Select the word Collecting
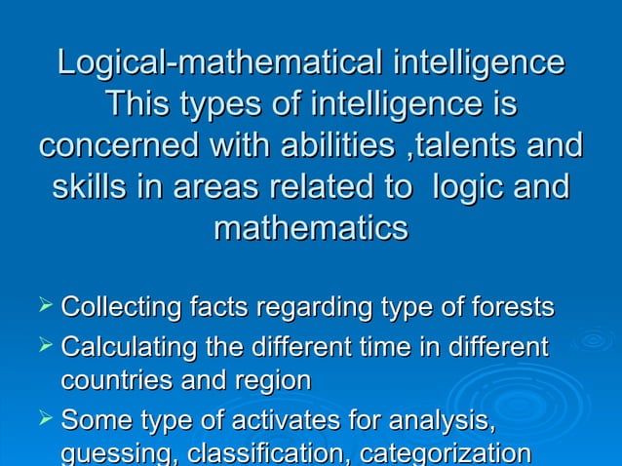[121, 309]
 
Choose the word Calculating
[126, 346]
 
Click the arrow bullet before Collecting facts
[43, 308]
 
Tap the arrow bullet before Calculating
[43, 345]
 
